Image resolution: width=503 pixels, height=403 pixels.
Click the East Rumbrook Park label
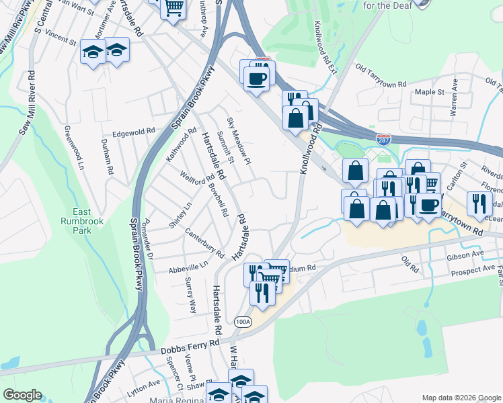point(81,219)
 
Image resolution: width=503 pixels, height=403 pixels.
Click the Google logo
point(22,395)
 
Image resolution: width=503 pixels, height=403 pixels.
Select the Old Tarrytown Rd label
point(381,76)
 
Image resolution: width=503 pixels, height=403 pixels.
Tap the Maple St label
point(430,91)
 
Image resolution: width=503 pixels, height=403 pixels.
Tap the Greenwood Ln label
point(73,147)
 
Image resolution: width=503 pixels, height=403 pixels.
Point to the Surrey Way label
point(190,298)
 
